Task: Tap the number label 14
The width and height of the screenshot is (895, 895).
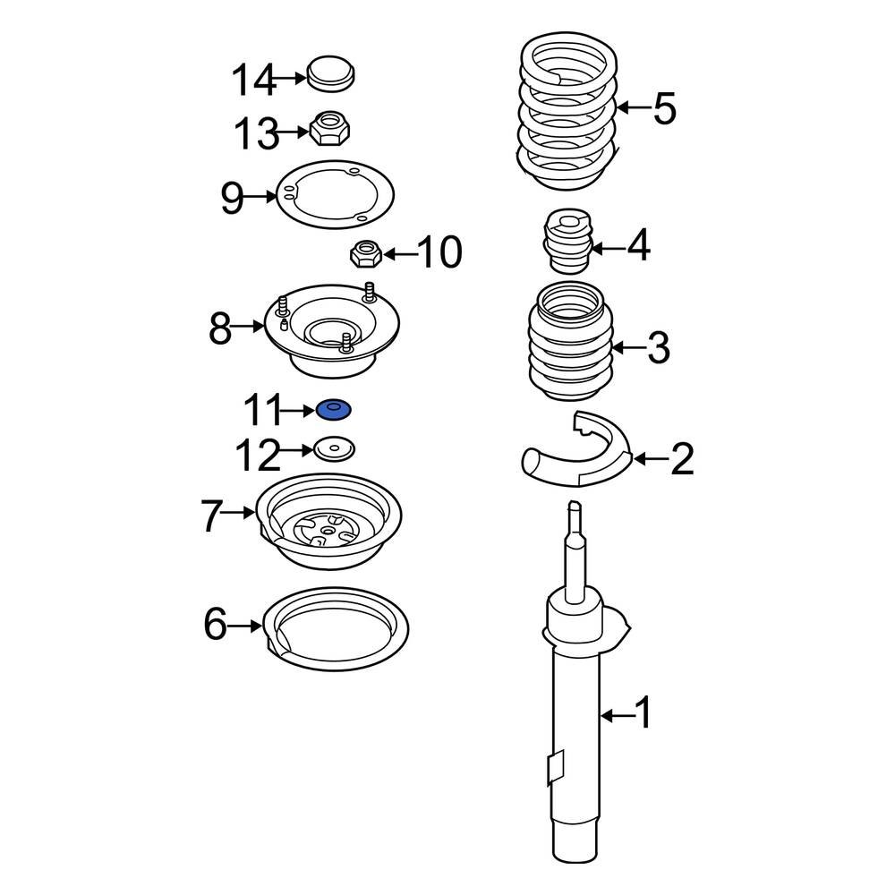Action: (252, 81)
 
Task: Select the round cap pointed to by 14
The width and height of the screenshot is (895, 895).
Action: (331, 72)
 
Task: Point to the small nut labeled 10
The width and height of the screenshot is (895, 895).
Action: (364, 254)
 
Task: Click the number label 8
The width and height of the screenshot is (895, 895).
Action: (220, 329)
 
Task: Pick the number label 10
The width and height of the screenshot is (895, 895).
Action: (439, 253)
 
